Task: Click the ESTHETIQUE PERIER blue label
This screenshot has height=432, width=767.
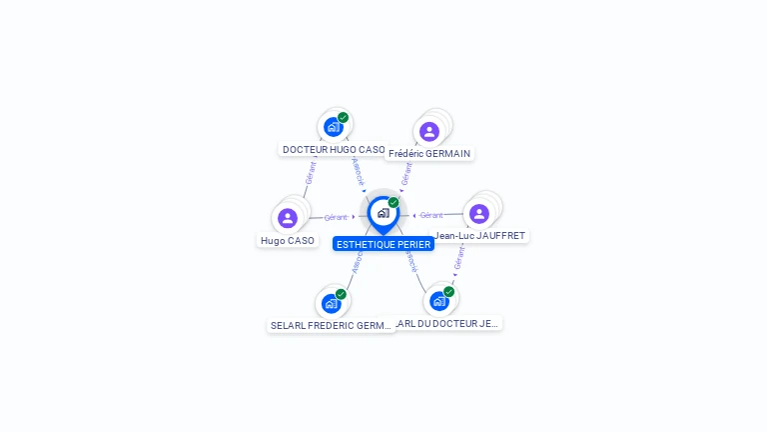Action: (383, 244)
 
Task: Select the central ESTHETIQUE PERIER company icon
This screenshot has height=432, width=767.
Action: (383, 213)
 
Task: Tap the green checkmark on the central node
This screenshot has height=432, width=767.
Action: (393, 203)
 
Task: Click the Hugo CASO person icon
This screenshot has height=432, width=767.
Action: (288, 218)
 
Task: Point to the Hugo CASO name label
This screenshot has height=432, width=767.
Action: (288, 240)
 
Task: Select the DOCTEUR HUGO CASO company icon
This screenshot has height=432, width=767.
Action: (333, 127)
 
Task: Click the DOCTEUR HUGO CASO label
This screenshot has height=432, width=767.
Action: (334, 150)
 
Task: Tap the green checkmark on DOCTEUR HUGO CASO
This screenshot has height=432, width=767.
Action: (343, 118)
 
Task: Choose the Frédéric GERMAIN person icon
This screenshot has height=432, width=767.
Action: (429, 132)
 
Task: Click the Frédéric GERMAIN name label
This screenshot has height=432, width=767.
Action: (430, 154)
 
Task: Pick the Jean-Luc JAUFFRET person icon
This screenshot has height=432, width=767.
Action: (479, 214)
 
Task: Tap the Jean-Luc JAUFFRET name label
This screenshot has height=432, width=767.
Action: (480, 236)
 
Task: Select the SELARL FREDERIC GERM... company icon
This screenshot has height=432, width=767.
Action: (332, 303)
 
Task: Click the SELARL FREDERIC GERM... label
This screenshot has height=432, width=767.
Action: (332, 325)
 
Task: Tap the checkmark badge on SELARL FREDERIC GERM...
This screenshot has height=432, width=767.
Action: (341, 294)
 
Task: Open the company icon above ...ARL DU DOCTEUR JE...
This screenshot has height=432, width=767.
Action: (438, 301)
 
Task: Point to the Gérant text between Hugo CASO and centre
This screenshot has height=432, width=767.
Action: (336, 217)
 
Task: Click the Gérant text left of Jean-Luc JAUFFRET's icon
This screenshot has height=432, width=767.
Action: (431, 215)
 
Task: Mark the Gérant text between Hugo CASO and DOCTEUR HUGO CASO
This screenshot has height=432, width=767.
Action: (311, 173)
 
